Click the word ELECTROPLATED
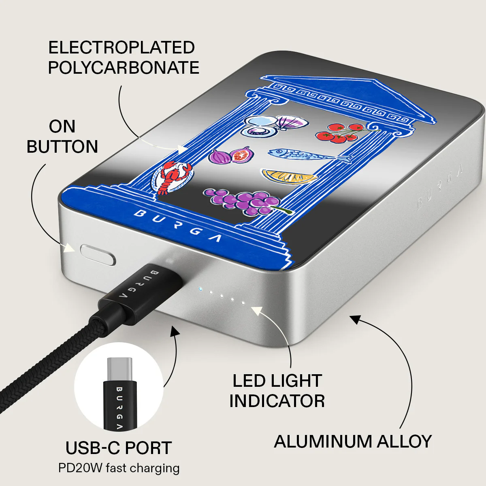coord(122,47)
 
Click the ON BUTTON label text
coord(62,136)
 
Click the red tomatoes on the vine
coord(343,133)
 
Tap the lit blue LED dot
coord(200,289)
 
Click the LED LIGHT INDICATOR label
coord(277,391)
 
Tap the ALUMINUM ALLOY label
coord(353,441)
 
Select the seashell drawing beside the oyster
coord(292,122)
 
